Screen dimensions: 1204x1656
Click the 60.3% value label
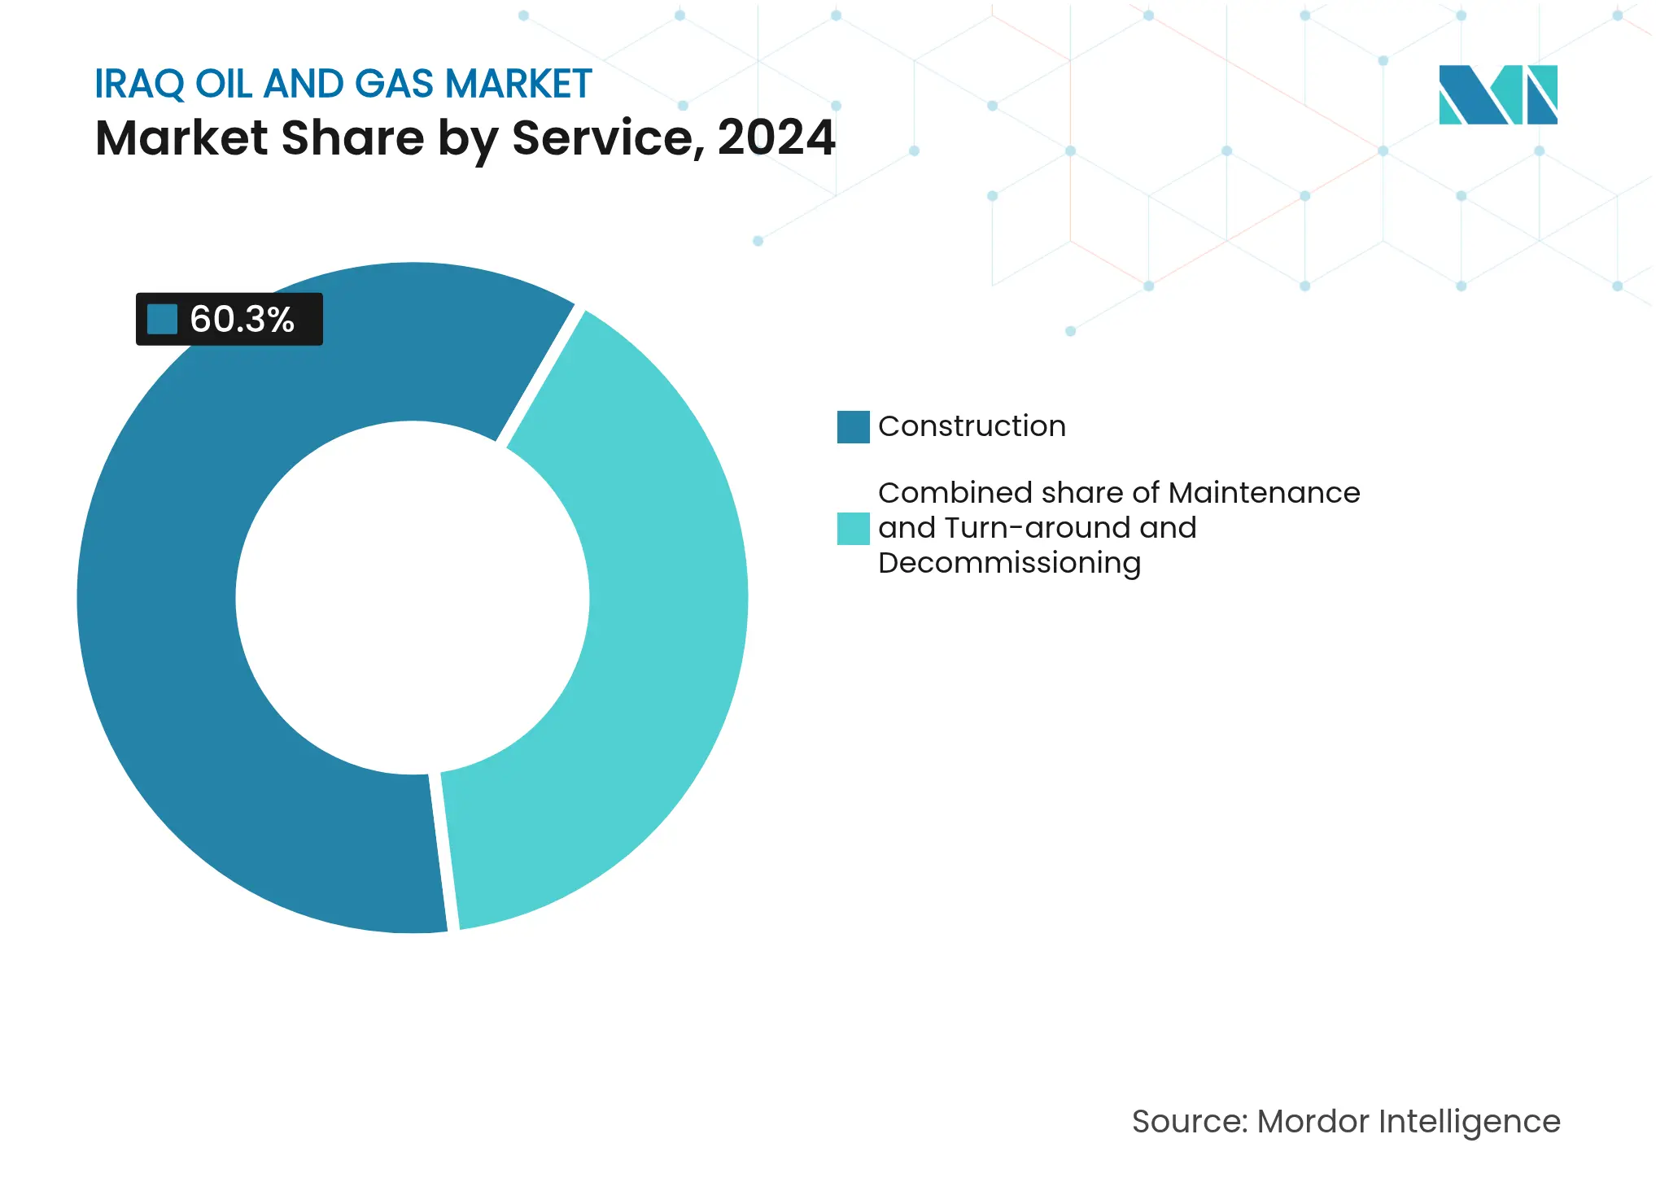(242, 319)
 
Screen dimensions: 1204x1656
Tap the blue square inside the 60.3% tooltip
(162, 319)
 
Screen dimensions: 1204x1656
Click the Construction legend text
(972, 426)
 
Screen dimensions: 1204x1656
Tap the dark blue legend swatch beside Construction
(853, 427)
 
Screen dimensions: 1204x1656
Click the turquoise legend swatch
(853, 529)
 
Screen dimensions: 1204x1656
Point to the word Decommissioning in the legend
(1009, 563)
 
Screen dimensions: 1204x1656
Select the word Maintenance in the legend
(1264, 493)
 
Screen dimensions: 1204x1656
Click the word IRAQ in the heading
(139, 85)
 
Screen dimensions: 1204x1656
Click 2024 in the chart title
(776, 137)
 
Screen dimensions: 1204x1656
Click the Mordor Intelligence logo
(1497, 94)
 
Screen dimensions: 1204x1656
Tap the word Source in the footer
(1189, 1122)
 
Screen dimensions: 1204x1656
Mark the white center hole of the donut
(413, 598)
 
